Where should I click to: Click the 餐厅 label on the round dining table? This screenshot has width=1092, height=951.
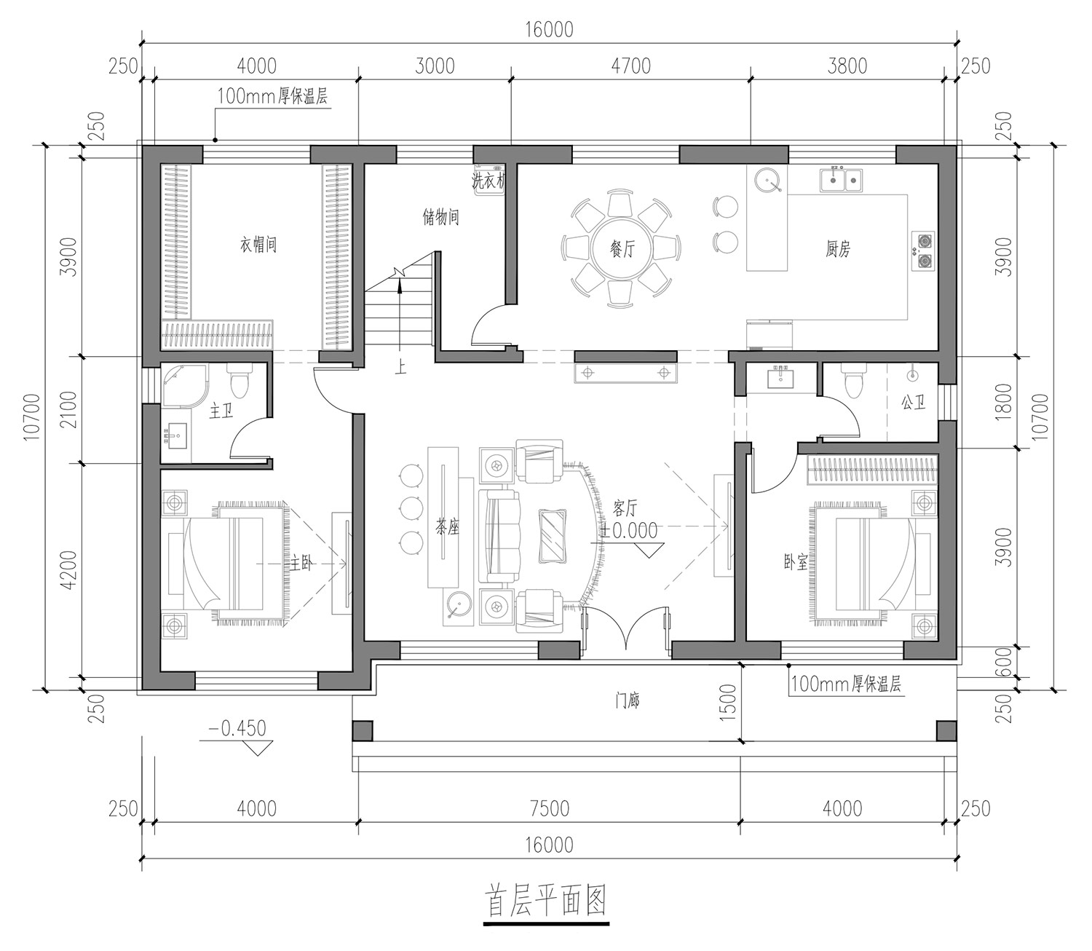[622, 249]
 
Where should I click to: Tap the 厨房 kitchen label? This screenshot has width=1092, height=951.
[837, 249]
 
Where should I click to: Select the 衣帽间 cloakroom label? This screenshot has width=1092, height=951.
[258, 245]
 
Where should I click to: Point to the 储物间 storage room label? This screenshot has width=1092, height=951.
[441, 217]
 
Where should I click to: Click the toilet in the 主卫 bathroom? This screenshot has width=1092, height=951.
[238, 380]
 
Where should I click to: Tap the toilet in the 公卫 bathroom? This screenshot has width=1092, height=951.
[852, 380]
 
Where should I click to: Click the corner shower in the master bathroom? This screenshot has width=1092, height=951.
[183, 384]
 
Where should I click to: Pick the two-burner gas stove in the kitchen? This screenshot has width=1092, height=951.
[923, 250]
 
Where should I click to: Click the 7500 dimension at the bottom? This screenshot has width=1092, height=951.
[550, 808]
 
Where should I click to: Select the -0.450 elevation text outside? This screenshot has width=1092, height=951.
[237, 728]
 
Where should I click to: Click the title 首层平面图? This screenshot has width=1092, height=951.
[546, 901]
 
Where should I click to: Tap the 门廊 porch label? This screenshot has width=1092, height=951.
[627, 701]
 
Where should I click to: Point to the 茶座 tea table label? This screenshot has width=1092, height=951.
[447, 528]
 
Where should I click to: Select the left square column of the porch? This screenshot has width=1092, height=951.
[363, 730]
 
